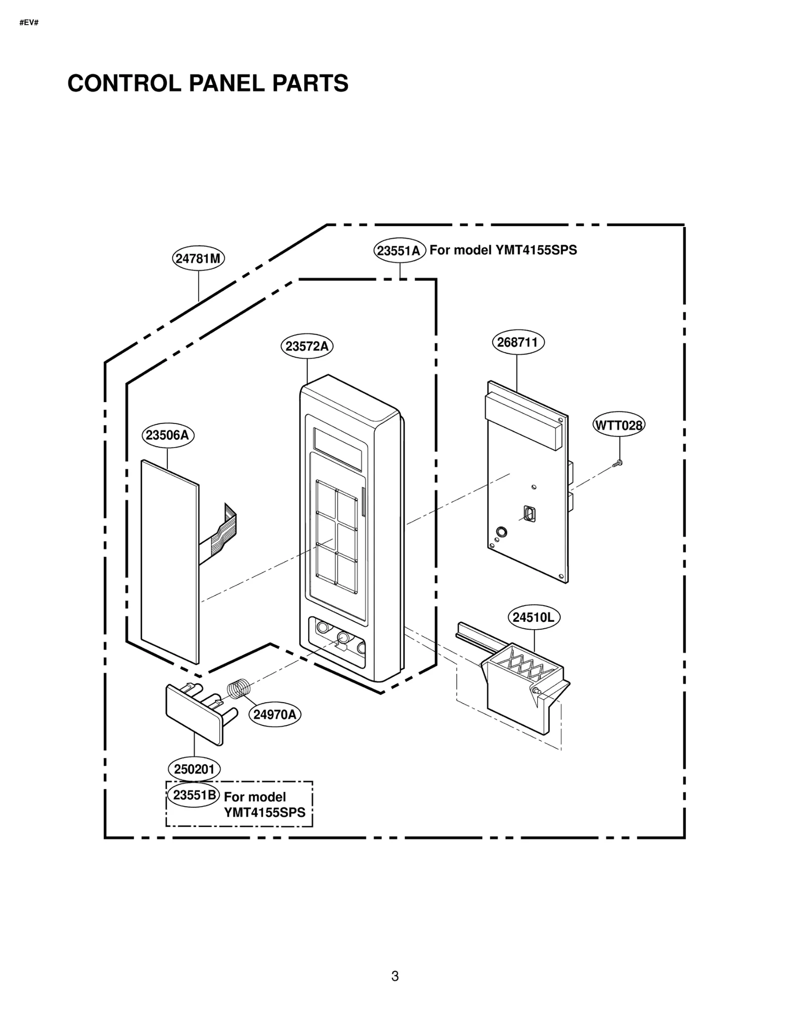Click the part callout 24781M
[x=198, y=259]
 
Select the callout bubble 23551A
[x=399, y=251]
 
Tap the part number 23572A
[x=307, y=346]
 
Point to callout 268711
[x=517, y=342]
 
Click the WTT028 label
[x=618, y=425]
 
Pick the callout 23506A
[x=168, y=435]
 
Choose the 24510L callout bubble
[x=534, y=617]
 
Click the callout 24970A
[x=275, y=715]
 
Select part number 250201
[x=194, y=769]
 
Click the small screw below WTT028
[x=617, y=463]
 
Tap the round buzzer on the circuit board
[x=501, y=532]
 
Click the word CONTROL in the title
[x=124, y=83]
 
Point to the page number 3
[x=395, y=976]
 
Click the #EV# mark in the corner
[x=29, y=23]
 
